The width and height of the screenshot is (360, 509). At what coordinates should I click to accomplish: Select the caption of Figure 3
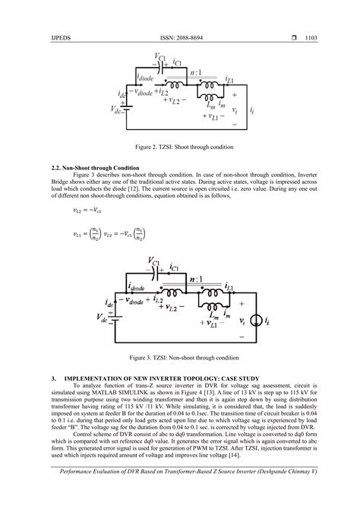[179, 356]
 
